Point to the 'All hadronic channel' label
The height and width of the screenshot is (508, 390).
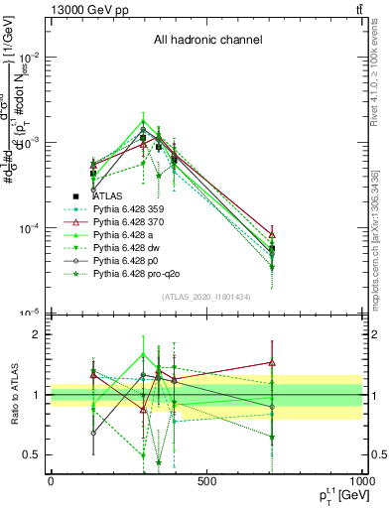coord(207,41)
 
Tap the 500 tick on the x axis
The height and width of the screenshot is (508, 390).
coord(206,481)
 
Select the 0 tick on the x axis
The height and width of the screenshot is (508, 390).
coord(51,481)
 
